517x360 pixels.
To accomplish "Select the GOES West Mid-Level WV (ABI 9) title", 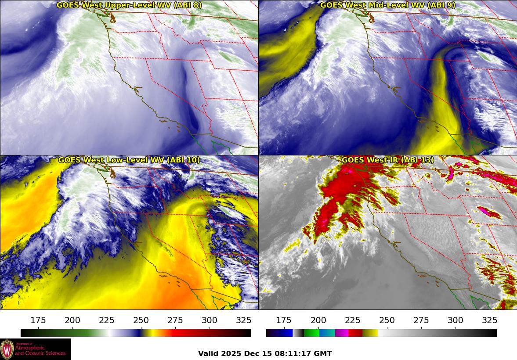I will point(387,5).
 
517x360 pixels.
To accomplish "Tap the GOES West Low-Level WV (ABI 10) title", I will point(129,160).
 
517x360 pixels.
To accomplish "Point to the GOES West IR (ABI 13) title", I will point(387,160).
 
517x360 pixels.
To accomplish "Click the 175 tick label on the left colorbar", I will point(38,320).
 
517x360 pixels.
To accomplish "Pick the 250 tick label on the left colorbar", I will point(141,320).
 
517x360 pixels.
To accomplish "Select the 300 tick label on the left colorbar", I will point(210,320).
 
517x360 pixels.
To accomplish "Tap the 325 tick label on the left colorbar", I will point(244,320).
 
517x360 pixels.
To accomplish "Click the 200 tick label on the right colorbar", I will point(318,320).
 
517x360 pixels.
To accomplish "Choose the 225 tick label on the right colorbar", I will point(352,320).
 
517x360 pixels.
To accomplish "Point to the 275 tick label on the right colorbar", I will point(421,320).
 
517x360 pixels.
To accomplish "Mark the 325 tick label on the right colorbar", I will point(489,320).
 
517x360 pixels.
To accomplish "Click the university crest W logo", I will point(7,349).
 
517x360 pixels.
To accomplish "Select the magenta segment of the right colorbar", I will point(341,333).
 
